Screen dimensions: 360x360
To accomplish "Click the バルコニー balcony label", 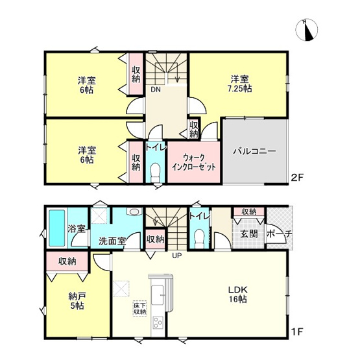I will coord(255,151).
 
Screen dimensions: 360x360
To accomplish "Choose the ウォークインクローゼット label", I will coord(193,161).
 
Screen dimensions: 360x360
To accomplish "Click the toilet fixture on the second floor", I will coord(154,172).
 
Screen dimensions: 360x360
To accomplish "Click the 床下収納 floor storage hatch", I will coord(140,308).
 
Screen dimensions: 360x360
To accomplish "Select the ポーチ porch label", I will coord(280,234).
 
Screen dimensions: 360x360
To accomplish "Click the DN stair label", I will coord(156,90).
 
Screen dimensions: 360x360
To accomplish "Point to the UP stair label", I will coord(176,255).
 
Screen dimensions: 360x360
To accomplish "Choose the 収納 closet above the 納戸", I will coord(67,261).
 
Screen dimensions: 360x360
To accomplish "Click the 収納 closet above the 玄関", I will coord(249,211).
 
